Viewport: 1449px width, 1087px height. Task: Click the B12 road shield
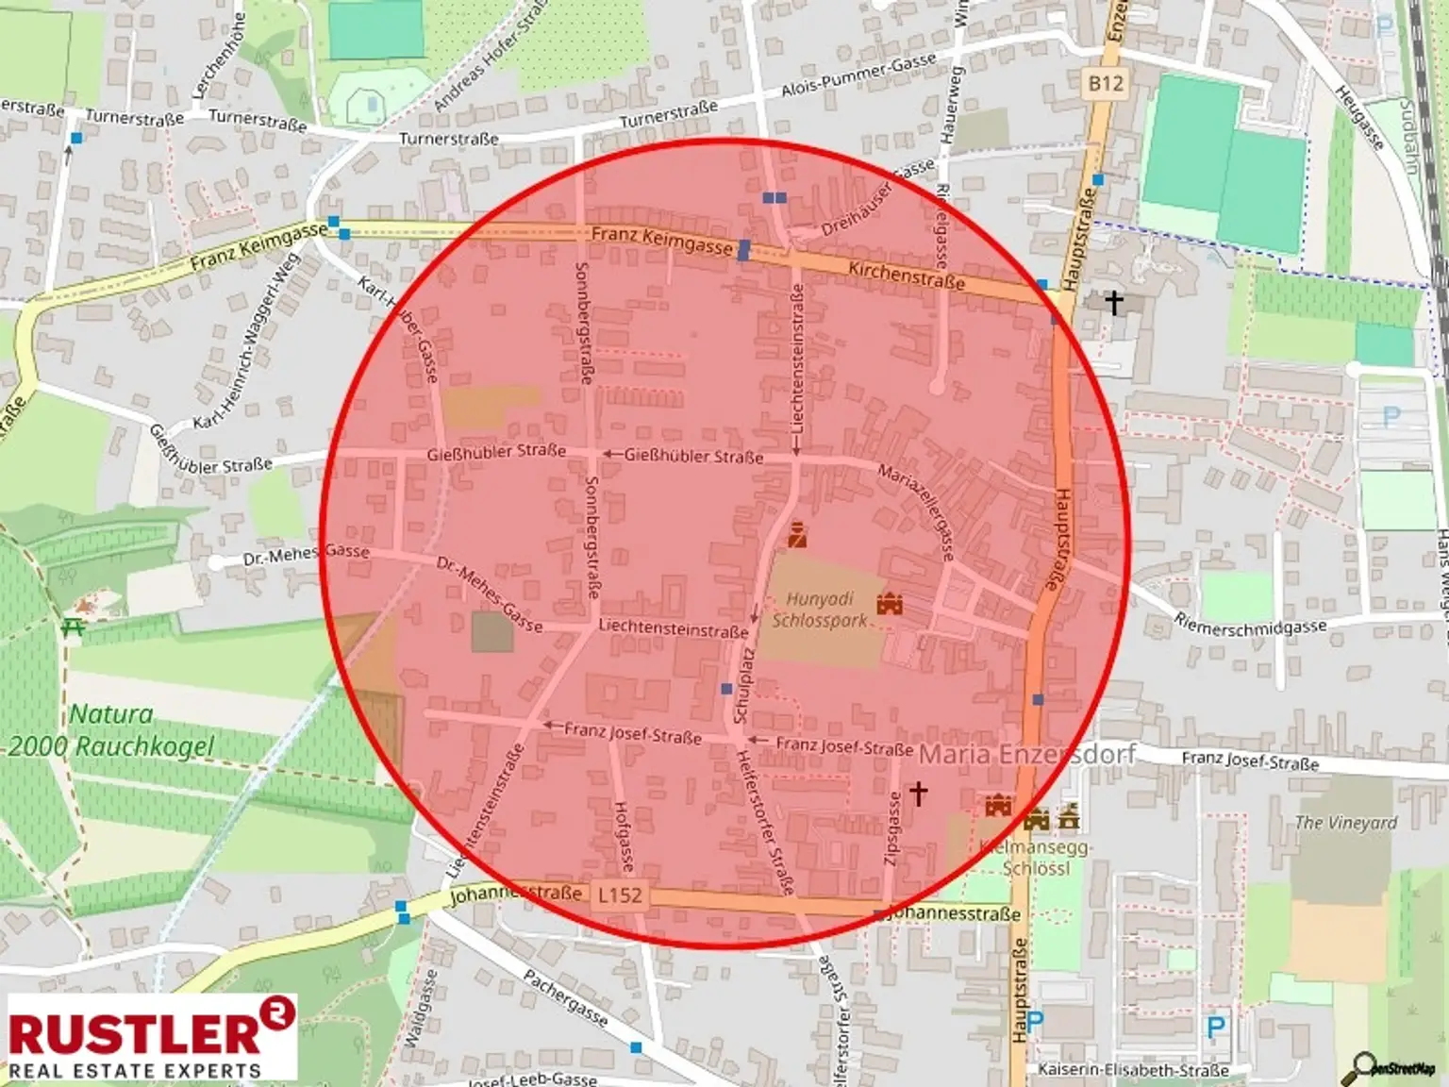click(x=1106, y=83)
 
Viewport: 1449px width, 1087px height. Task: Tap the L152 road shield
click(x=620, y=895)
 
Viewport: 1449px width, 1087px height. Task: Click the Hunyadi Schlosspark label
click(x=819, y=610)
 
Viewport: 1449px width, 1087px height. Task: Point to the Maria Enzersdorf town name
click(x=1026, y=754)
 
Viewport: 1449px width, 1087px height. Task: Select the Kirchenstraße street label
click(x=906, y=275)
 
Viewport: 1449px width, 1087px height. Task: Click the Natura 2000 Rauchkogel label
click(x=111, y=730)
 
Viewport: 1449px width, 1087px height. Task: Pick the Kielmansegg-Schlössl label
click(x=1035, y=858)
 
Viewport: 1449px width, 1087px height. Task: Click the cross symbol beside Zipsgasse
click(x=918, y=793)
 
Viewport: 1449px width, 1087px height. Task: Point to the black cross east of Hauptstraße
click(x=1114, y=303)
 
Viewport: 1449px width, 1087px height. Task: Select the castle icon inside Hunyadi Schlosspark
click(x=890, y=603)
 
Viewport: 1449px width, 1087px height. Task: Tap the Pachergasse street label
click(x=565, y=996)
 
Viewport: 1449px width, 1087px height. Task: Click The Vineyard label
click(x=1345, y=823)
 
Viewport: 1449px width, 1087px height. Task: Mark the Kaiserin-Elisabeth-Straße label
click(x=1133, y=1070)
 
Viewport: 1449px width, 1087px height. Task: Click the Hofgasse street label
click(x=625, y=835)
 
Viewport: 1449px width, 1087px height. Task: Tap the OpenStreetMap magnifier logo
click(x=1392, y=1067)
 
